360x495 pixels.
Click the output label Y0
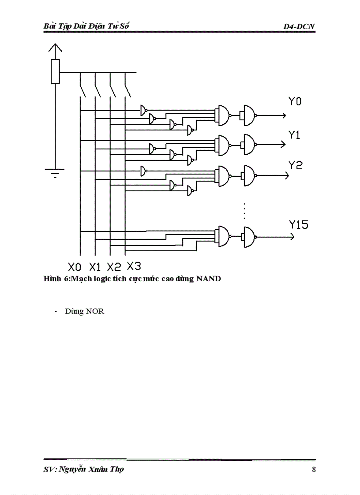[x=295, y=102]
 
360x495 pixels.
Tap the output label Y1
[x=295, y=135]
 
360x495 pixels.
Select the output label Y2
[x=296, y=165]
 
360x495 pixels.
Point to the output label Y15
[x=299, y=225]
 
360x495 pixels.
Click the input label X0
[x=75, y=267]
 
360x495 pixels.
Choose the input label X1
[x=95, y=267]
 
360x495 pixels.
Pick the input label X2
[x=114, y=267]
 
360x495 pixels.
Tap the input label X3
[x=134, y=266]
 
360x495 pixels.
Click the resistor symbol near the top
[x=55, y=72]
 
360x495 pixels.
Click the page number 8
[x=314, y=469]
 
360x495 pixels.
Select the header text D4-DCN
[x=300, y=27]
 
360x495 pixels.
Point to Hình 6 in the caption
[x=56, y=279]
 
